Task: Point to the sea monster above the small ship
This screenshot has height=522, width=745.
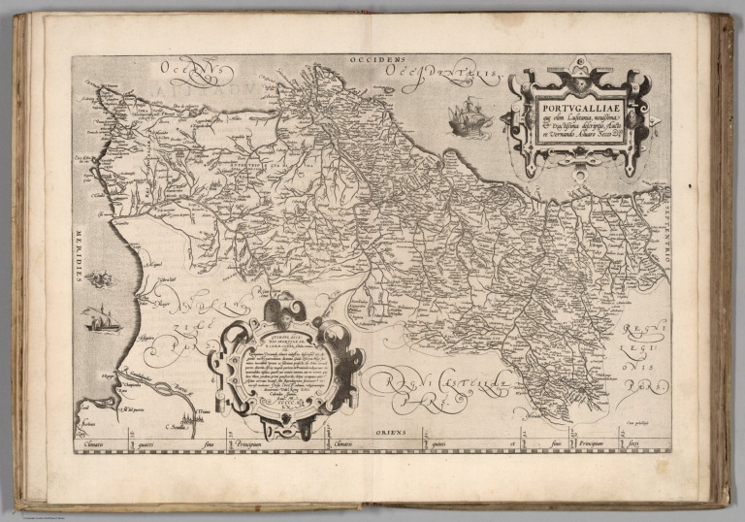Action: tap(99, 280)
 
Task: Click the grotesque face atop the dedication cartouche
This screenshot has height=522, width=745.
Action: tap(279, 309)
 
